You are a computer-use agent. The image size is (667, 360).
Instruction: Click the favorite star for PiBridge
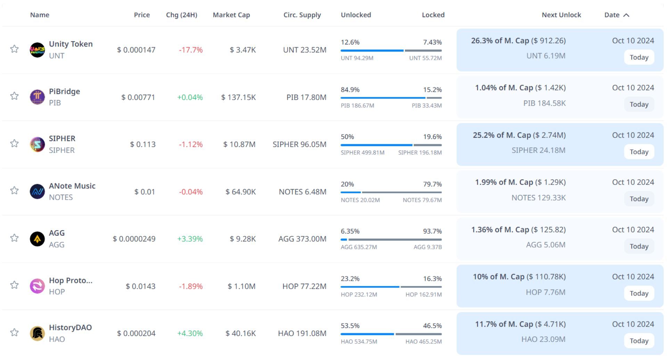14,96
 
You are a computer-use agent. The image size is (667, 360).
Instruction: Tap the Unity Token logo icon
37,50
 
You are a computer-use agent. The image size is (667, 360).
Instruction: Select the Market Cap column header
231,15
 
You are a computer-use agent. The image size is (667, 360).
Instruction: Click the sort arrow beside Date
626,15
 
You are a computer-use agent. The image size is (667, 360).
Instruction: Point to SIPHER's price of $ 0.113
143,144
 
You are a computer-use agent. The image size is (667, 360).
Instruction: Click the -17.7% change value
191,50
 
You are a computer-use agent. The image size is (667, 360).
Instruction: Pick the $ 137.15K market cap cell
239,97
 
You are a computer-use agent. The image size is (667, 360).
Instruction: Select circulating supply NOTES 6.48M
303,192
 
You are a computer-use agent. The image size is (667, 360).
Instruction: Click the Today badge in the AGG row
639,246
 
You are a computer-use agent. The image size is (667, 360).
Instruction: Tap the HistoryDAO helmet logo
37,333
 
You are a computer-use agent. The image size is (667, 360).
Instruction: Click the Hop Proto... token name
71,280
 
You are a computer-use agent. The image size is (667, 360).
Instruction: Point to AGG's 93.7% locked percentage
432,231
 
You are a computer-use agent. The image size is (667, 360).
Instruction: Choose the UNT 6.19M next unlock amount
546,56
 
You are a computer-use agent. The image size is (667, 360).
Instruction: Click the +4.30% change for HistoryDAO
190,333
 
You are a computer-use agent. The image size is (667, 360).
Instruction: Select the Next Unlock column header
561,15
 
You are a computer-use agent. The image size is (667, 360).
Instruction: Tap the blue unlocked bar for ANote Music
351,192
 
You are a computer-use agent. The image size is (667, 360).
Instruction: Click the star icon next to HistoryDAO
14,333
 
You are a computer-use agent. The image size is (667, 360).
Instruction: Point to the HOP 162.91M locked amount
423,295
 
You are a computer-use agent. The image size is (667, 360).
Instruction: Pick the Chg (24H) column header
181,15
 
